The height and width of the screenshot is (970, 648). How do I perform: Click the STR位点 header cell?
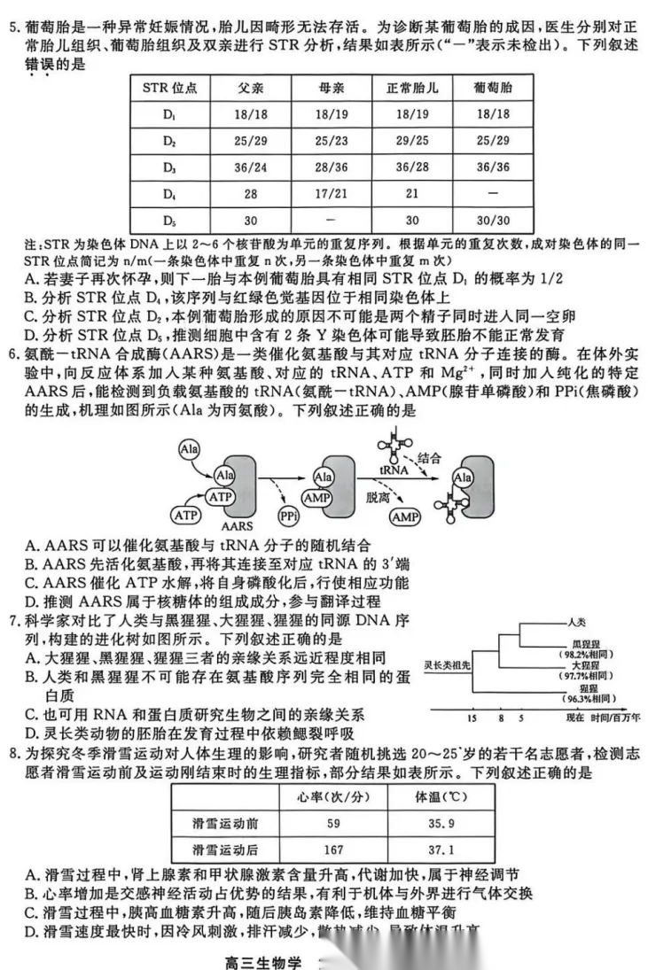click(169, 89)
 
